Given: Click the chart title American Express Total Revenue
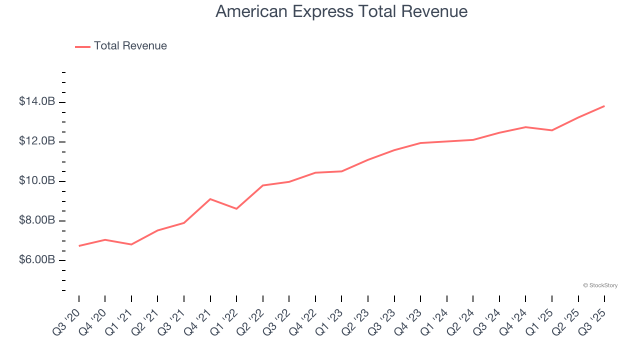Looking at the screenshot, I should (x=341, y=11).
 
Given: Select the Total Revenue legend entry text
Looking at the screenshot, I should (x=130, y=46).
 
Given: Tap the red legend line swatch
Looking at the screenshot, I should (x=82, y=46).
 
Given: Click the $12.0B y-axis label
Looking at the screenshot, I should (x=37, y=141).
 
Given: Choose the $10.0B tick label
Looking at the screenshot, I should (x=37, y=181).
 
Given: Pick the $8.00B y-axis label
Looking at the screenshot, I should (x=37, y=220).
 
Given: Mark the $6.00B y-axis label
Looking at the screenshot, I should (x=37, y=260).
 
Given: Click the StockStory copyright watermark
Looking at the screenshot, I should (x=600, y=285).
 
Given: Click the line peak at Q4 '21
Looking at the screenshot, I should (x=210, y=199).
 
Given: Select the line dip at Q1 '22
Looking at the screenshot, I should (x=236, y=208).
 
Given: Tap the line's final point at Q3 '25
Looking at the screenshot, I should (x=604, y=106).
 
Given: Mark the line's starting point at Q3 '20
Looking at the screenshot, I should (x=79, y=246).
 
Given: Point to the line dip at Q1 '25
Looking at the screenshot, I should (x=551, y=130).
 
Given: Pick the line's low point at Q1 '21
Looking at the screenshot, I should (x=131, y=244).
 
